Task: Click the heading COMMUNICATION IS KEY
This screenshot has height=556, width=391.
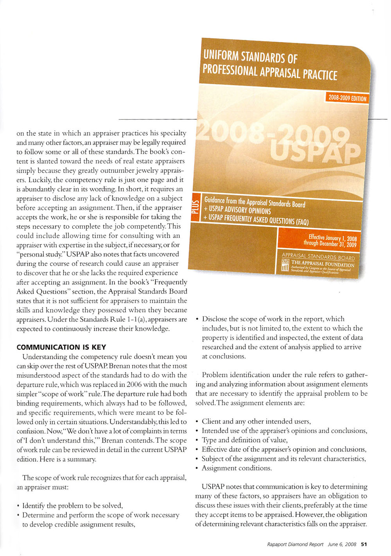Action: [x=61, y=347]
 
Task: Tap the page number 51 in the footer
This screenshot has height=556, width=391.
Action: [x=364, y=544]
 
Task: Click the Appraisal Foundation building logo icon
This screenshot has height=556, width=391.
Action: [x=285, y=265]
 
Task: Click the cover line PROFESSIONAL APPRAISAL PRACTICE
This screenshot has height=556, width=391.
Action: [x=269, y=72]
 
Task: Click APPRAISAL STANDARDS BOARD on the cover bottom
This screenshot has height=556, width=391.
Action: [x=318, y=257]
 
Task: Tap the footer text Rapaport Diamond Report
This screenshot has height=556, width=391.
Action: [x=295, y=544]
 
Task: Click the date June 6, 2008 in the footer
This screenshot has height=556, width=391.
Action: [x=342, y=544]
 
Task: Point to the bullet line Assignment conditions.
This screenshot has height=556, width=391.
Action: [x=236, y=468]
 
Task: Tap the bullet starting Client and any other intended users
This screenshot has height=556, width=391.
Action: [x=256, y=421]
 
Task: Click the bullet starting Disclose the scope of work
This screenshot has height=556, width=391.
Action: [x=273, y=319]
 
